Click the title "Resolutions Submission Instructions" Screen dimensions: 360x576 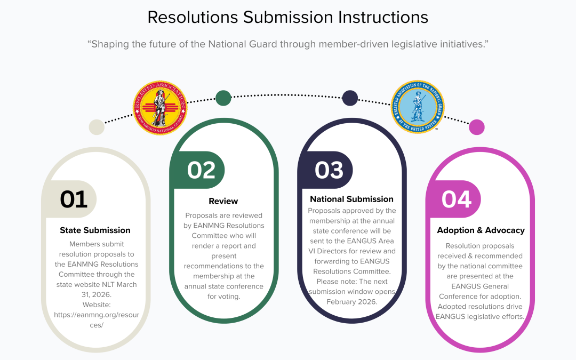pos(287,17)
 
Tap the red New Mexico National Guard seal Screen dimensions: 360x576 pos(160,108)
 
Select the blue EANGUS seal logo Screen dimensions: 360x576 pos(418,107)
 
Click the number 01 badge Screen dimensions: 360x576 pos(74,199)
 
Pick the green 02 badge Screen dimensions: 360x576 pos(201,170)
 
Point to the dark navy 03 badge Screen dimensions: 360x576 pos(329,170)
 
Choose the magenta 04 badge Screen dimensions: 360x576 pos(457,199)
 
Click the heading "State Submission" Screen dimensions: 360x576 pos(95,230)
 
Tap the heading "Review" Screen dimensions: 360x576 pos(223,201)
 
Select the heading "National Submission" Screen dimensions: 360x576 pos(351,199)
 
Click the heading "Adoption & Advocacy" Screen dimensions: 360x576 pos(481,230)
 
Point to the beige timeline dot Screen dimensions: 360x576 pos(97,127)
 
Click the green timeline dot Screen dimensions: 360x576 pos(223,98)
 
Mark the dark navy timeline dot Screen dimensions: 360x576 pos(350,98)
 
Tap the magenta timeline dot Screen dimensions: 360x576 pos(476,127)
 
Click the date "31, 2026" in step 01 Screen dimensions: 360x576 pos(95,294)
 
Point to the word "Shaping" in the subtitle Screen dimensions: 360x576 pos(109,44)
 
